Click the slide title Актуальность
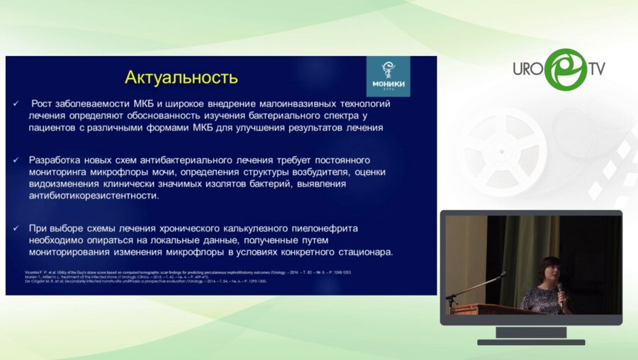tap(181, 76)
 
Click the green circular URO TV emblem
tap(565, 69)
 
